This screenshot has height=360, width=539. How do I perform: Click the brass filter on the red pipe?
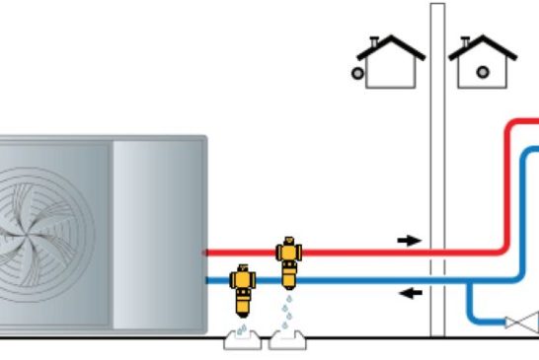(x=288, y=260)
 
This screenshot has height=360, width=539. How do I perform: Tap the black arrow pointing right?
(x=408, y=240)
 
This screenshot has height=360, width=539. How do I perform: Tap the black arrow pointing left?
(x=408, y=292)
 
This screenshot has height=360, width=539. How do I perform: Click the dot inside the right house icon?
(x=483, y=71)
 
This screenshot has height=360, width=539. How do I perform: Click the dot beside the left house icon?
(x=359, y=72)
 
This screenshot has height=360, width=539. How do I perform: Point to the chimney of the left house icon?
(x=374, y=43)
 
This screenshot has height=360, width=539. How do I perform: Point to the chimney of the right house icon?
(x=466, y=43)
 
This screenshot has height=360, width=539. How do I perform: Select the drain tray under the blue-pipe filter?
(x=241, y=340)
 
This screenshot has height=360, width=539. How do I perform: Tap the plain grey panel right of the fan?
(x=158, y=232)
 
